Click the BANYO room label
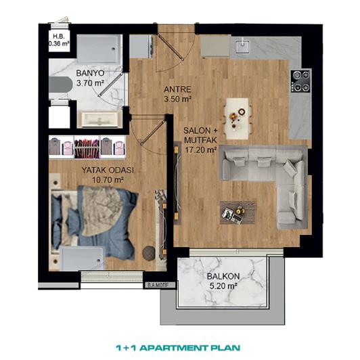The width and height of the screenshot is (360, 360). point(90,74)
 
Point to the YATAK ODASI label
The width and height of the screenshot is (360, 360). point(104,170)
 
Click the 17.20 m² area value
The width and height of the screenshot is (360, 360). point(201,150)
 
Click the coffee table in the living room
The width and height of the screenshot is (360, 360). point(238,211)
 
